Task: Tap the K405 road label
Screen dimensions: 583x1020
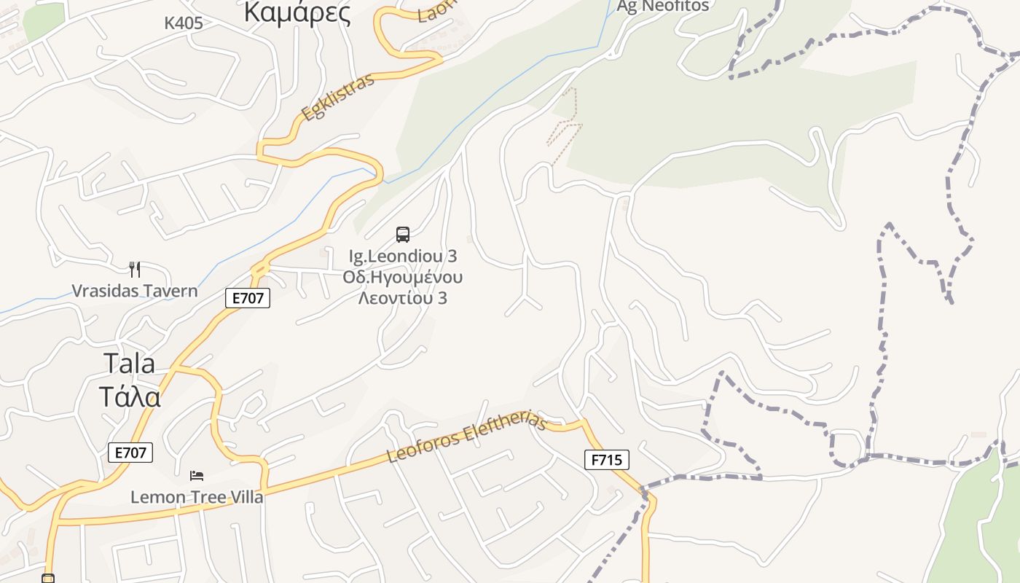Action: (x=183, y=23)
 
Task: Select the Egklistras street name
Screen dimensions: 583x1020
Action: (x=338, y=97)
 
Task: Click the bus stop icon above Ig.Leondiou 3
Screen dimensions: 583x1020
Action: (x=403, y=235)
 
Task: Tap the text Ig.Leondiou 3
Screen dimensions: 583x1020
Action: (x=403, y=257)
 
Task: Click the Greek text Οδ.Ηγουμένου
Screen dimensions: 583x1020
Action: (x=403, y=278)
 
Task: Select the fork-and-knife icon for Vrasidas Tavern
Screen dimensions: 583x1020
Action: (x=134, y=270)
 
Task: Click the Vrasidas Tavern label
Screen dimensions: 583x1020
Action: (x=135, y=291)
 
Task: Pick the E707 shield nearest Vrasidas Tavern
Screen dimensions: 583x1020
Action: (x=248, y=297)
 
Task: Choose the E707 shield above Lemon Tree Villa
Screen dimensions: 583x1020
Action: (x=131, y=453)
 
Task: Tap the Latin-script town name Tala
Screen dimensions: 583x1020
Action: (x=129, y=363)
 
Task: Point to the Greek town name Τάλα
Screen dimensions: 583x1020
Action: (x=129, y=397)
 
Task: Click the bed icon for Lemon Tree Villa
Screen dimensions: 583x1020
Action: (x=197, y=476)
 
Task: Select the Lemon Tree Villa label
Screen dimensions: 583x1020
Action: (x=197, y=498)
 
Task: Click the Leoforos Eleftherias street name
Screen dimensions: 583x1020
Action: (x=466, y=437)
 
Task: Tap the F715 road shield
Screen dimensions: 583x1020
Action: (x=606, y=460)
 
